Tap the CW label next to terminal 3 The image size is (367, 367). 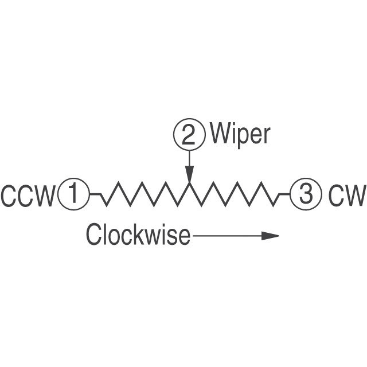tap(346, 196)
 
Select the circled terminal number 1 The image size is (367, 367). tap(73, 194)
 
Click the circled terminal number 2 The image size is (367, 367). tap(189, 135)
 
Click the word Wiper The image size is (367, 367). tap(240, 134)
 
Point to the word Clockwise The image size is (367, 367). tap(138, 235)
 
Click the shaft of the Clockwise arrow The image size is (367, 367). tap(227, 235)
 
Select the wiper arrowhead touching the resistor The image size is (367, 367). tap(189, 174)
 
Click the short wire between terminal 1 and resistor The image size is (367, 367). tap(96, 195)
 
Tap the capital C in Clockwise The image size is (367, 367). tap(93, 235)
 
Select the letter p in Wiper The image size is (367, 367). tap(241, 136)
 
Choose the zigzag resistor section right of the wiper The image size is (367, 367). tap(235, 194)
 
